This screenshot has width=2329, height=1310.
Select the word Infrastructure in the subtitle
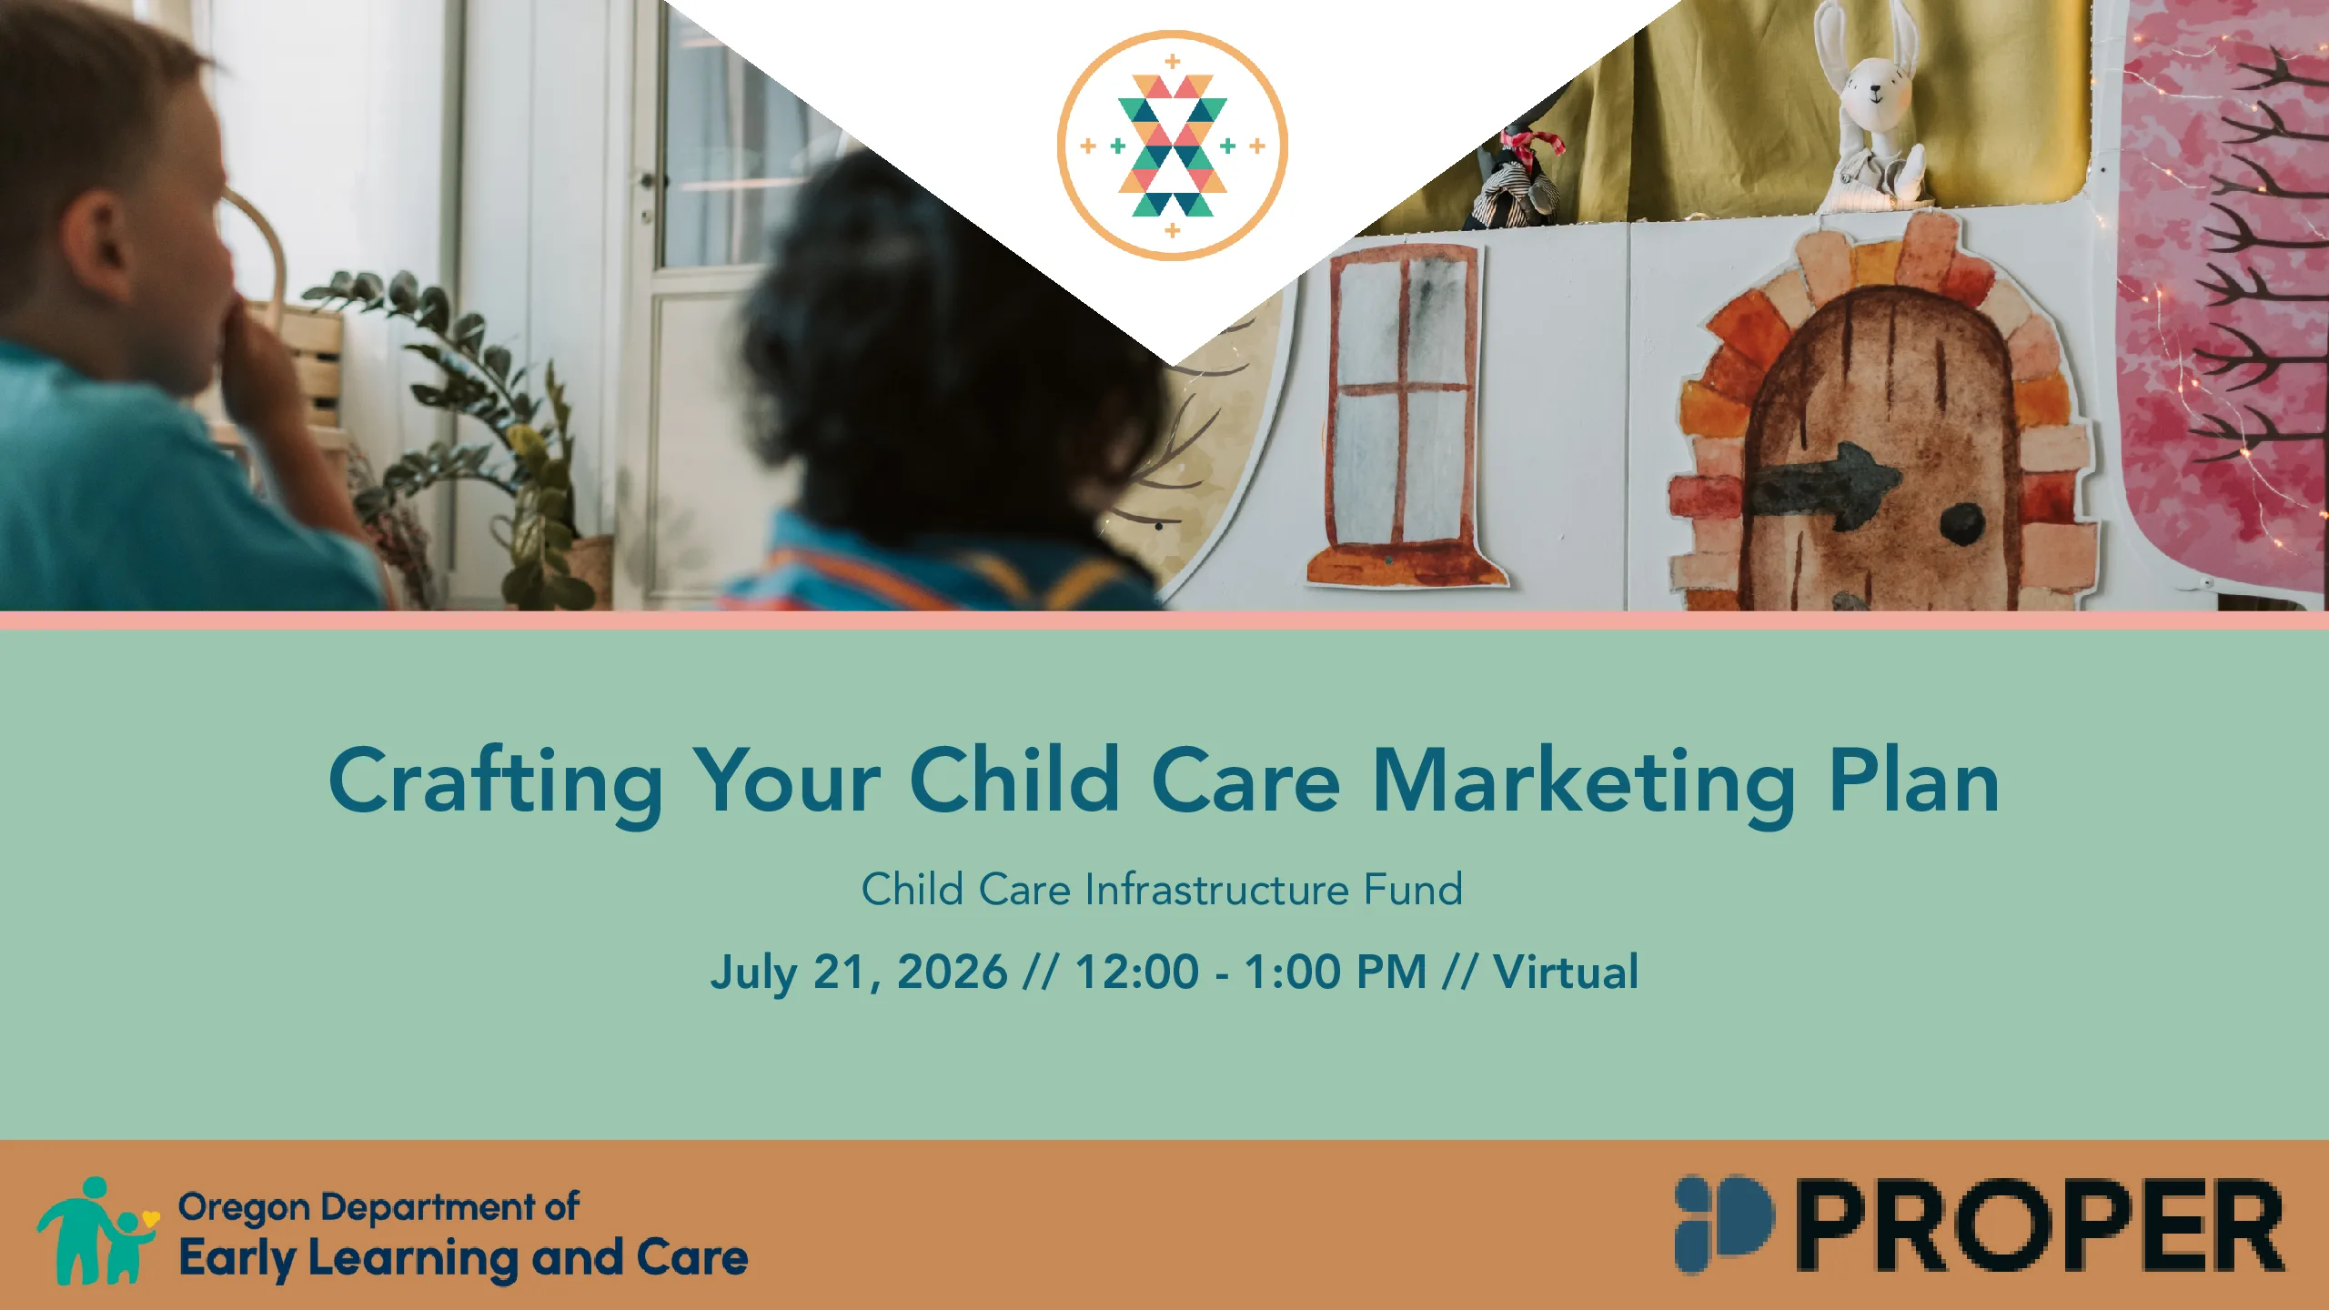(x=1216, y=889)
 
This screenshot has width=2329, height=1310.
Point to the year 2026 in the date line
(x=952, y=971)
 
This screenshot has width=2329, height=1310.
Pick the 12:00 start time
(x=1137, y=971)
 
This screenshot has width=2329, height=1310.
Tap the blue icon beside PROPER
(x=1724, y=1224)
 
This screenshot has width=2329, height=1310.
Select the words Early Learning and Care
(x=463, y=1259)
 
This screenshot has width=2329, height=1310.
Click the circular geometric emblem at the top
(x=1172, y=146)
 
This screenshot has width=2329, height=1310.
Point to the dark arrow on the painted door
(x=1824, y=484)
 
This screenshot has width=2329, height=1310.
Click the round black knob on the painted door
(x=1962, y=522)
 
